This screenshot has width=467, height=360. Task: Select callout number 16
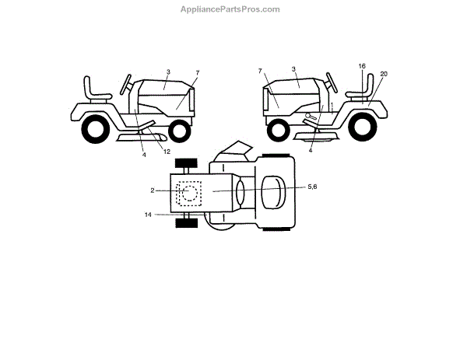click(x=363, y=67)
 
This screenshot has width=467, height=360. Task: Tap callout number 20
click(x=384, y=73)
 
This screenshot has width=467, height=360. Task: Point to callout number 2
click(x=154, y=189)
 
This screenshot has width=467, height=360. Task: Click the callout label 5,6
click(x=312, y=187)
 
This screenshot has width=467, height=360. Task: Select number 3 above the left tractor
click(x=167, y=72)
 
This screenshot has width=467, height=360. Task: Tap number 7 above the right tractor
click(x=259, y=72)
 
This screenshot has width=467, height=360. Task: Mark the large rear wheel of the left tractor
click(x=96, y=128)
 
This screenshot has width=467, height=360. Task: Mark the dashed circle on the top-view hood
click(x=188, y=193)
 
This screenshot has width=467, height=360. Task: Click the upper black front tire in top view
click(x=186, y=164)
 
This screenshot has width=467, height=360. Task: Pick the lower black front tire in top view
click(x=186, y=223)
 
